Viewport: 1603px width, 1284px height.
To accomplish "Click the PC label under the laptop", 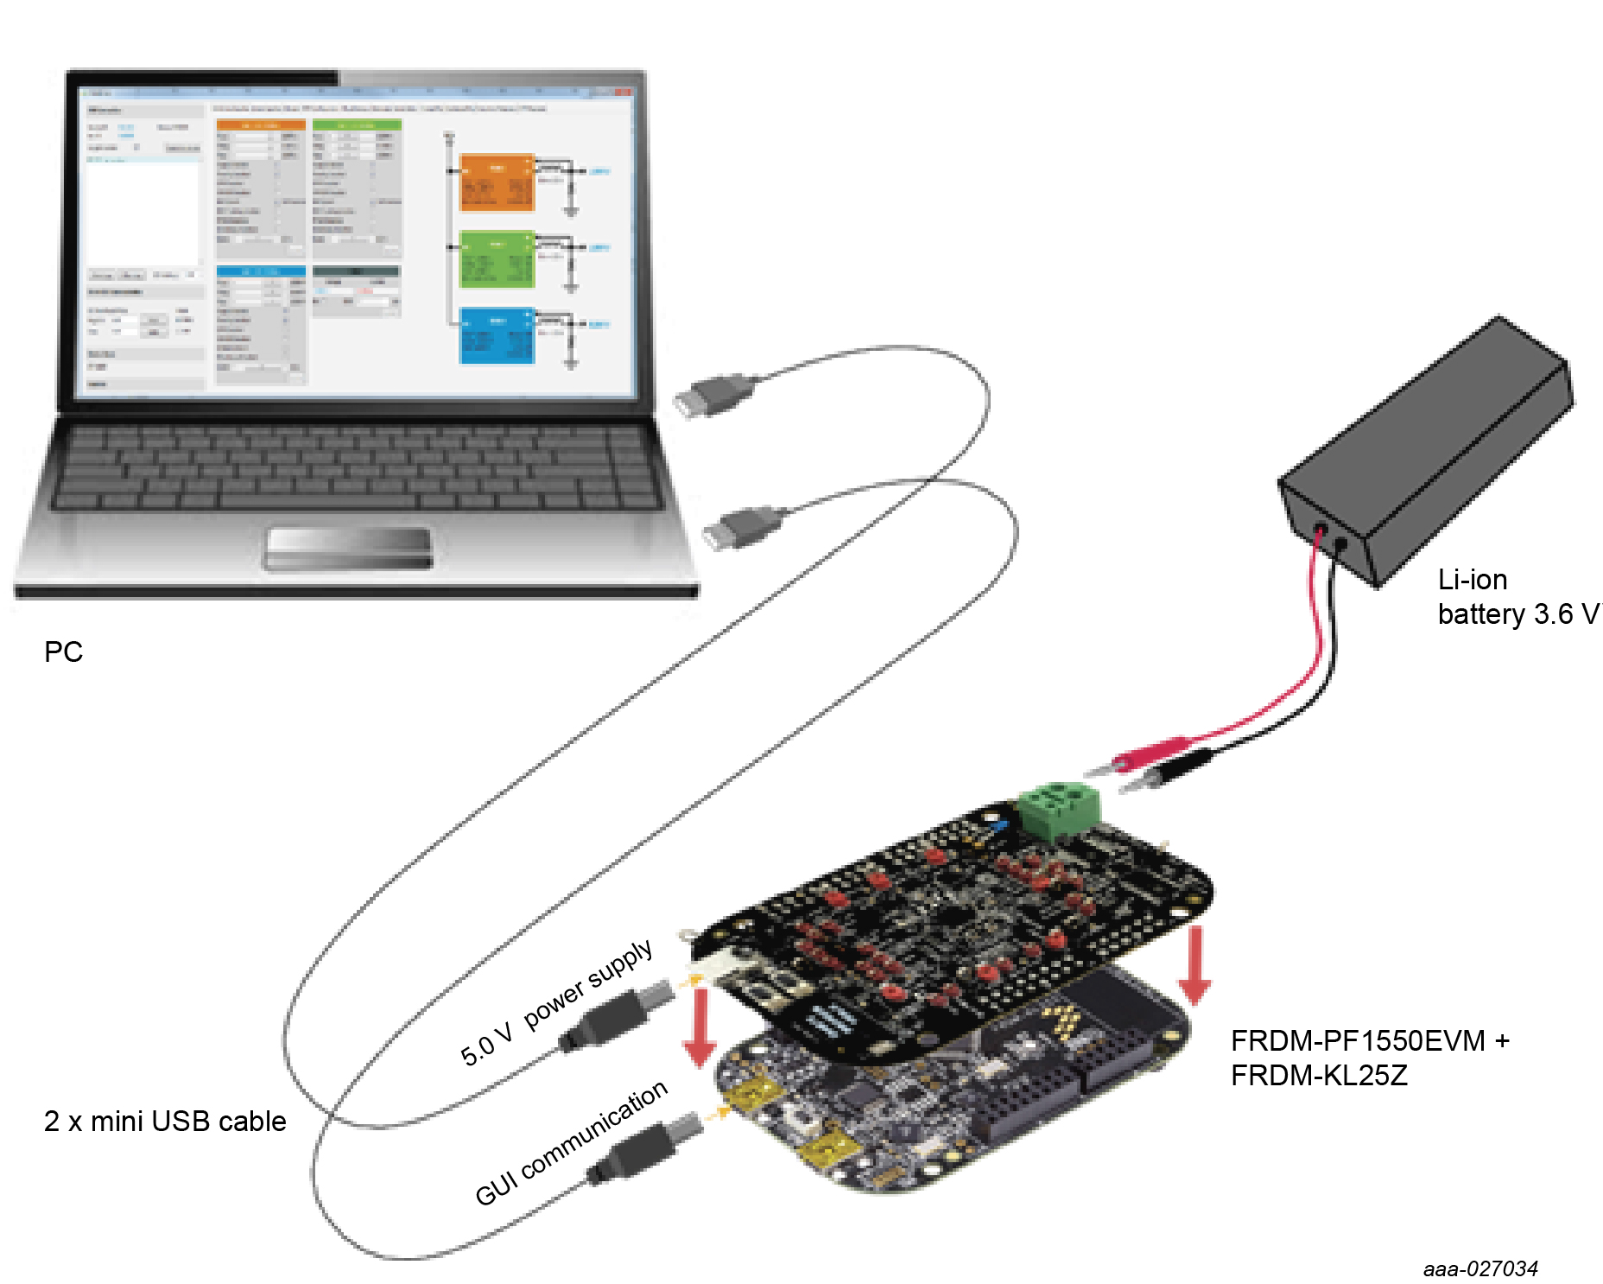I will [x=63, y=652].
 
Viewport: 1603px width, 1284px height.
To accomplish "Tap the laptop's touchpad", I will [x=348, y=548].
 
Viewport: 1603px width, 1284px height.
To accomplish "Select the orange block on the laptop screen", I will [x=497, y=182].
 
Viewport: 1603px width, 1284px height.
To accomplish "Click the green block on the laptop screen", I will [x=497, y=258].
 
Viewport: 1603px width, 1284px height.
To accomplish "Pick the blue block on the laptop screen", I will [x=497, y=335].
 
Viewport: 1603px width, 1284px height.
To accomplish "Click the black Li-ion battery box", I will [x=1425, y=449].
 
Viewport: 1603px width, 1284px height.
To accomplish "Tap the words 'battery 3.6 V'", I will [x=1517, y=614].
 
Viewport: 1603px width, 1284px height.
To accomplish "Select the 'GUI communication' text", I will [x=571, y=1142].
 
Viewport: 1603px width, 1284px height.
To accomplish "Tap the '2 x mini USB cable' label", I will [x=165, y=1121].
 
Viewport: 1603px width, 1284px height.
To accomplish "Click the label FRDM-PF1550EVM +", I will [x=1370, y=1040].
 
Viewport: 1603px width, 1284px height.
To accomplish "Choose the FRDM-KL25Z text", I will [x=1319, y=1076].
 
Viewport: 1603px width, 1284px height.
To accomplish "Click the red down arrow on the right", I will [x=1194, y=966].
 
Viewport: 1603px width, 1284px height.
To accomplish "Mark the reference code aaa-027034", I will [x=1480, y=1268].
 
